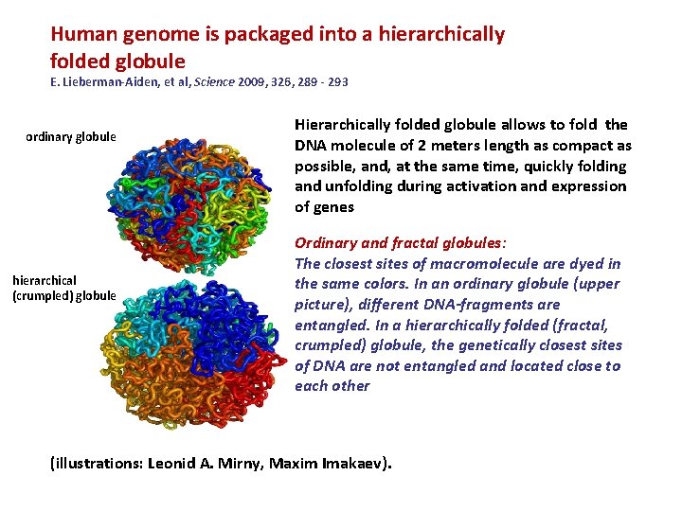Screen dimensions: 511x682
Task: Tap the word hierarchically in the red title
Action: click(441, 35)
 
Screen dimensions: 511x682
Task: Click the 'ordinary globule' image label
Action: click(71, 137)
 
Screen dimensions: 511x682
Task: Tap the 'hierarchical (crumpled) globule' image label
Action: click(63, 288)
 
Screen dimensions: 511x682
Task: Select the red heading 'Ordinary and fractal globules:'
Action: click(396, 243)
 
